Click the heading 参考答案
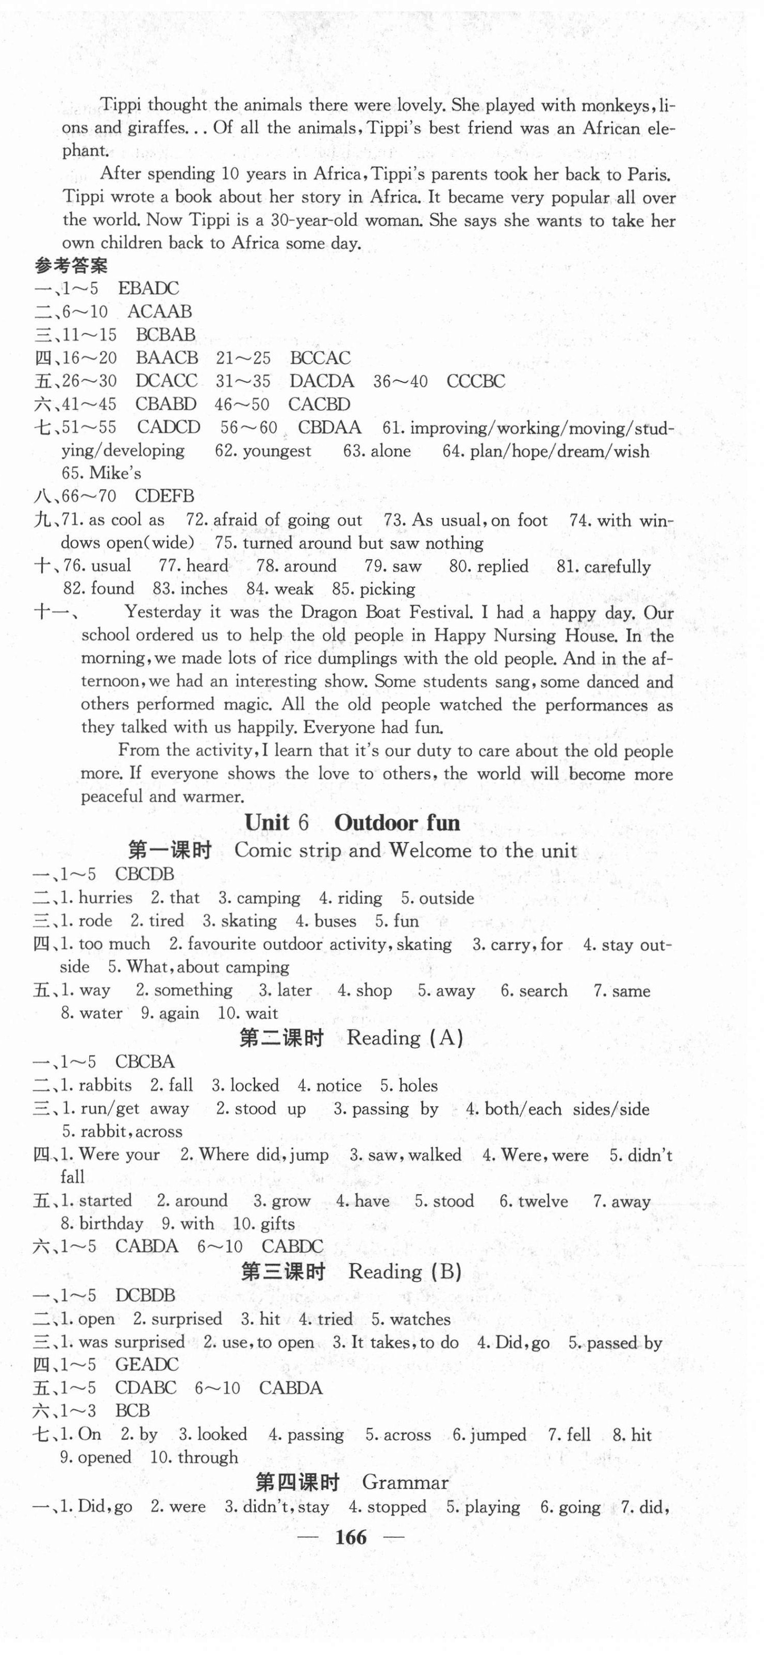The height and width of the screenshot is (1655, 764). pos(71,265)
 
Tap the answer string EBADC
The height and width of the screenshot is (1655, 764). pos(148,288)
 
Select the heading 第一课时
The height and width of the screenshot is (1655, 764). pos(170,851)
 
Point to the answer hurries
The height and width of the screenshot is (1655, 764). pos(105,898)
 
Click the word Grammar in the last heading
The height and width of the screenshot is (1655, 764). pos(405,1482)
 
